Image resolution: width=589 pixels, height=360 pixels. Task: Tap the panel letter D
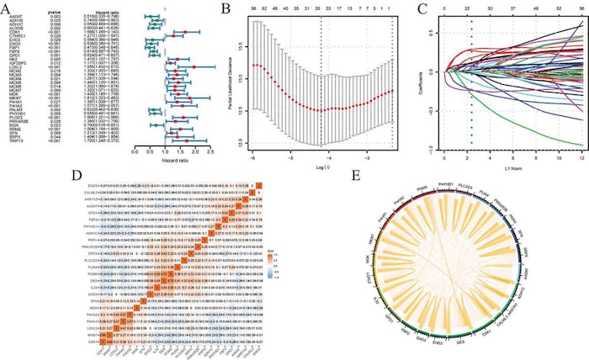(x=7, y=177)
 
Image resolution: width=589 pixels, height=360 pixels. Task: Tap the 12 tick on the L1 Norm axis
(x=582, y=156)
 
